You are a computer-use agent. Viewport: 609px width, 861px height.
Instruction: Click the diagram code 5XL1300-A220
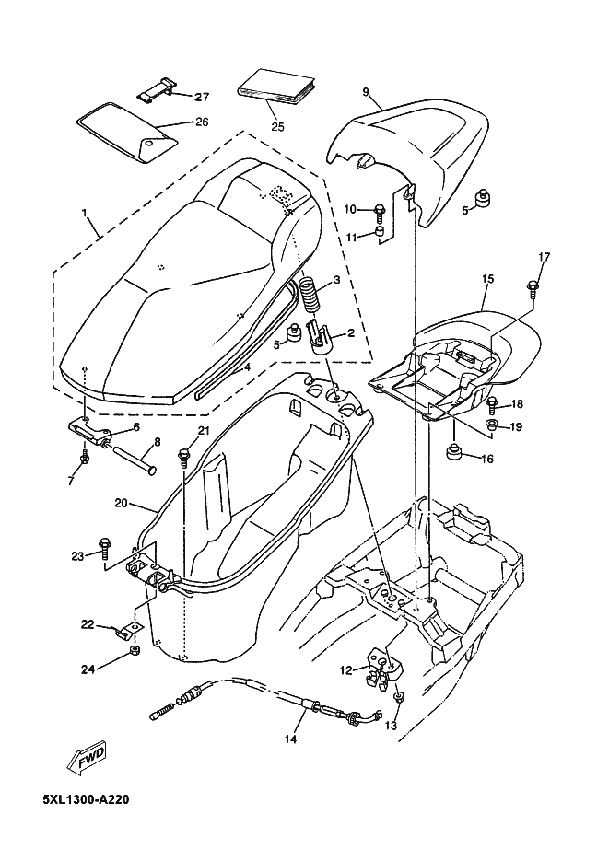(x=87, y=799)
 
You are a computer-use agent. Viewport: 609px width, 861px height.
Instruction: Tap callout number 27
(x=202, y=98)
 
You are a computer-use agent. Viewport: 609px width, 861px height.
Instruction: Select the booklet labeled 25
(x=277, y=87)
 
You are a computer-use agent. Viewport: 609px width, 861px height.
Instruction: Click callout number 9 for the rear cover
(x=365, y=92)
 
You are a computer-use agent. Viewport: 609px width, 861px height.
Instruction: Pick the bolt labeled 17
(x=533, y=288)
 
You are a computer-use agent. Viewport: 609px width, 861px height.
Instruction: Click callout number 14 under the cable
(x=290, y=739)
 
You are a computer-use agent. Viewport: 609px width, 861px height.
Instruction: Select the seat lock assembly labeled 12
(x=384, y=667)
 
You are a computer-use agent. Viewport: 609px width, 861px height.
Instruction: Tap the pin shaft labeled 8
(x=135, y=457)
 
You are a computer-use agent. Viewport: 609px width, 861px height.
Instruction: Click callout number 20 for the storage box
(x=122, y=503)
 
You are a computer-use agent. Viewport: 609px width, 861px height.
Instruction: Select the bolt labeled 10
(x=380, y=209)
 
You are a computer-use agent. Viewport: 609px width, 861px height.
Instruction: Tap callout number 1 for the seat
(x=85, y=212)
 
